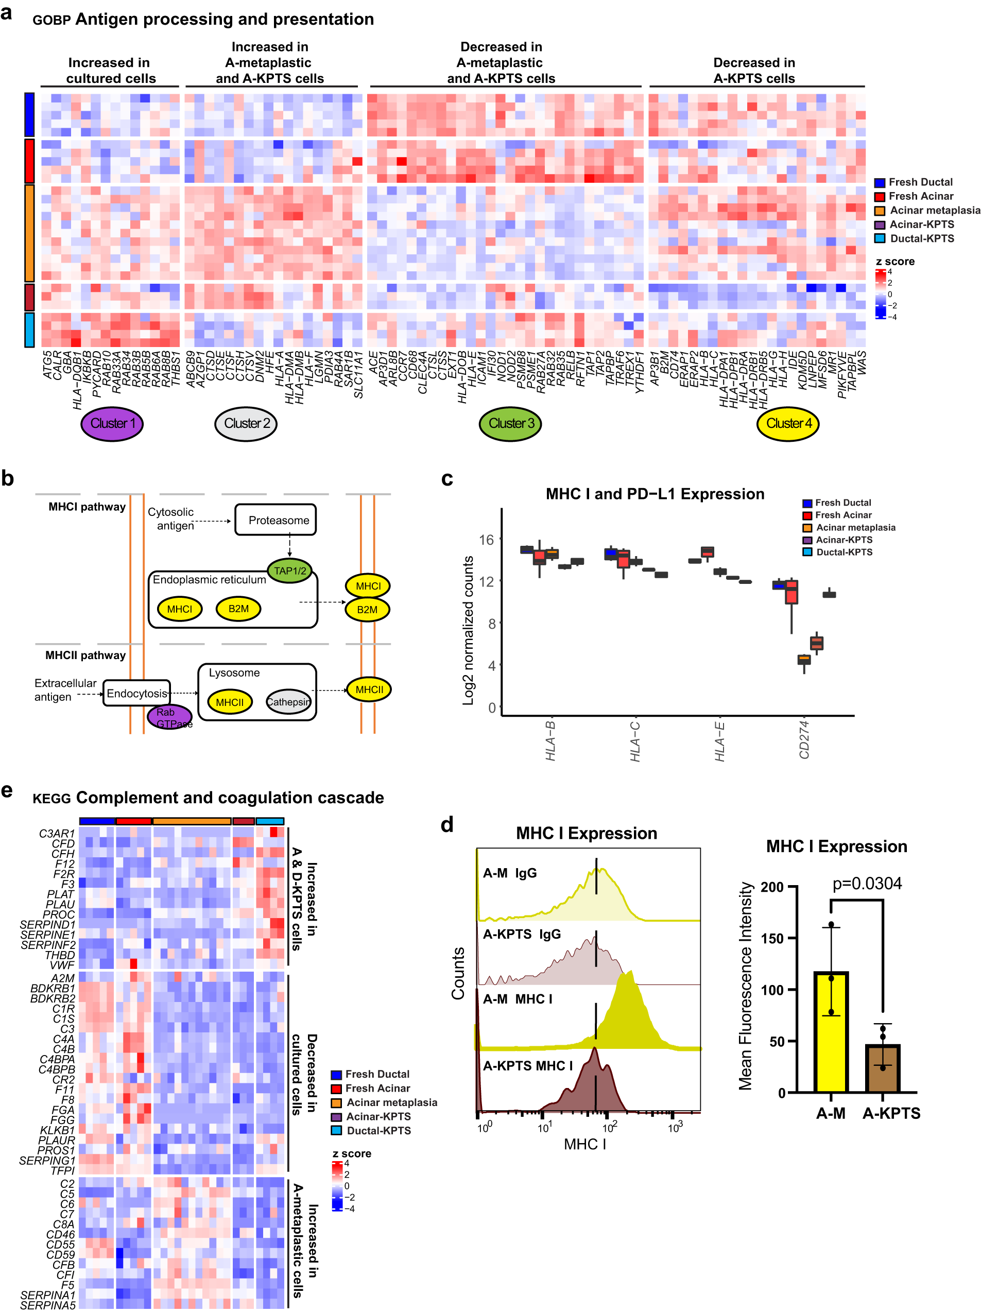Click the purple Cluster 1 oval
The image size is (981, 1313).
112,423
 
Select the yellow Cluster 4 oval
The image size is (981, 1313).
788,423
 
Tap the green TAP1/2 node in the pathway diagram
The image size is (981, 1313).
290,571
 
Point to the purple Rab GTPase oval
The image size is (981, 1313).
170,716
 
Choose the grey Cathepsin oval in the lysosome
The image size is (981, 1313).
288,702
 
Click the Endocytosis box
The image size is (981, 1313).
136,693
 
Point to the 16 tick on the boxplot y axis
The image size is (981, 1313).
487,540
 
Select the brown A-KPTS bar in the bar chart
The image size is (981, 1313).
883,1068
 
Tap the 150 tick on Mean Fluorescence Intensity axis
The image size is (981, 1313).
771,939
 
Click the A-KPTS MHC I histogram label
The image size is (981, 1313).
527,1065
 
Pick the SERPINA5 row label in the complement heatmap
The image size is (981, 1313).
47,1305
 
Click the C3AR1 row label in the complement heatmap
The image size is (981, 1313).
57,834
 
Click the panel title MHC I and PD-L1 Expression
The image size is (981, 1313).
655,494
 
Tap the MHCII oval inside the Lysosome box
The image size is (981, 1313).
230,702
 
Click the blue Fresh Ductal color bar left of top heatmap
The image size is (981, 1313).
29,114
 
